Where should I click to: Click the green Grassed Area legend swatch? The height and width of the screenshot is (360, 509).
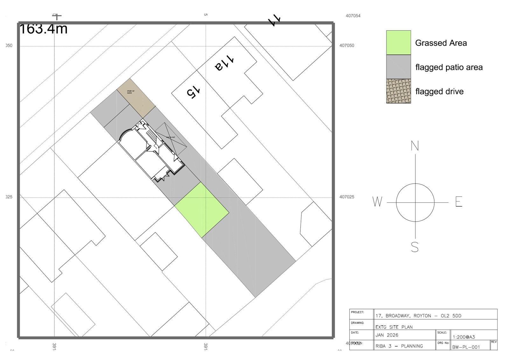point(398,43)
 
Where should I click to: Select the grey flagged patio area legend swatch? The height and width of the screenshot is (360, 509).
point(398,67)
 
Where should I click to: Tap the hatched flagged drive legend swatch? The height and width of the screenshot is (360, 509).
point(398,91)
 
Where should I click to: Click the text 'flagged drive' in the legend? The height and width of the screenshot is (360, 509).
point(439,91)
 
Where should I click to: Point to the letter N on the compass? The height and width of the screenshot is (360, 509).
point(415,146)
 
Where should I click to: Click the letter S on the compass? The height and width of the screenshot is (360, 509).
point(415,247)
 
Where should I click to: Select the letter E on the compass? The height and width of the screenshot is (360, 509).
point(458,202)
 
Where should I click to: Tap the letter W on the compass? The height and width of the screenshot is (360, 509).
point(377,202)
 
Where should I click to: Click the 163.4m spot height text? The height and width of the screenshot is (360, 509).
point(44,29)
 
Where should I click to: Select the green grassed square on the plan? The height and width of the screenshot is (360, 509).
point(202,210)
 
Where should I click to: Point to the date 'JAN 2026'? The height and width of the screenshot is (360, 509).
point(387,335)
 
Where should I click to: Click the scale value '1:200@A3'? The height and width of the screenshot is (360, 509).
point(464,337)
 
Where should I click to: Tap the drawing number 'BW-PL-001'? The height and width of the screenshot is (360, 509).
point(466,347)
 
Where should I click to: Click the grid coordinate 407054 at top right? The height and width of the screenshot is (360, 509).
point(353,16)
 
